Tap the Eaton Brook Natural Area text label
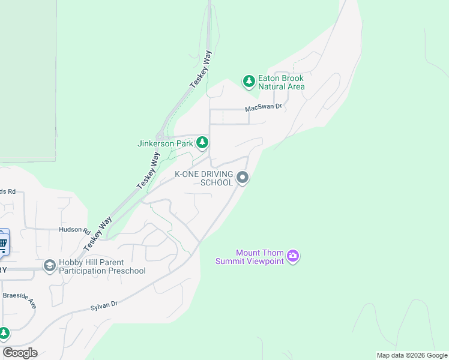point(281,82)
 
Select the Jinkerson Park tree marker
point(203,143)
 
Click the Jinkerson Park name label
point(165,143)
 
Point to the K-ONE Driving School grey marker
point(243,178)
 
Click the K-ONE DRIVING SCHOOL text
point(203,178)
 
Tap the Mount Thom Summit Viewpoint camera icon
point(293,256)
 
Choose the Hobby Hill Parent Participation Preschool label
point(102,266)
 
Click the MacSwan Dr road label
point(263,107)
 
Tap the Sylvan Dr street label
point(103,305)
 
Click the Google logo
point(20,353)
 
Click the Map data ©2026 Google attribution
point(412,356)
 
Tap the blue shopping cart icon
point(3,243)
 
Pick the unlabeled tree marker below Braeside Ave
point(4,333)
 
